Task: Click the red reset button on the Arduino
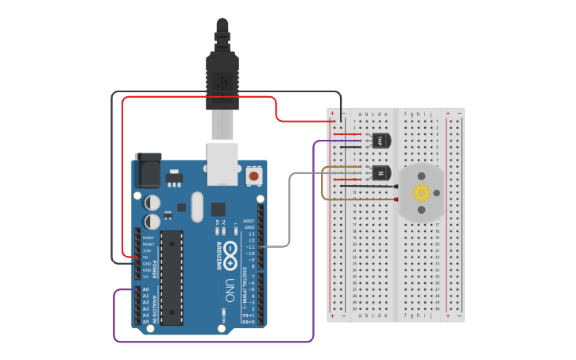[253, 176]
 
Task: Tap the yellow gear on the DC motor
[421, 192]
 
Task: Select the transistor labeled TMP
[381, 141]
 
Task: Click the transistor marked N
[381, 172]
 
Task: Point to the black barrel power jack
[148, 169]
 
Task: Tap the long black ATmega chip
[172, 277]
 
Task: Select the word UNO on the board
[230, 289]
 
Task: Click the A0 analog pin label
[145, 289]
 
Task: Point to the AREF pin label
[249, 221]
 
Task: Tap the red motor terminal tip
[396, 199]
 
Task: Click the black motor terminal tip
[396, 186]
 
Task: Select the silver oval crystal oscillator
[197, 207]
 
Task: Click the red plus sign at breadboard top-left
[332, 114]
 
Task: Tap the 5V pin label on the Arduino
[145, 257]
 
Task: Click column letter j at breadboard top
[431, 114]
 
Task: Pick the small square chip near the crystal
[218, 209]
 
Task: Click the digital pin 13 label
[251, 234]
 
